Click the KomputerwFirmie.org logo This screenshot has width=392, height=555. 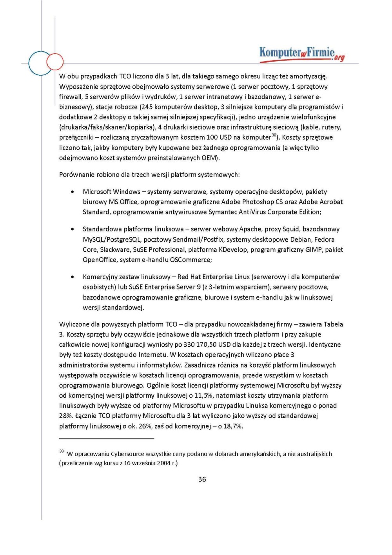pos(301,54)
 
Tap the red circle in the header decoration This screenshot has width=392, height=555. pos(55,62)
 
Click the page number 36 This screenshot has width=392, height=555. pos(202,479)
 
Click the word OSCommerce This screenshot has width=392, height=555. pos(191,260)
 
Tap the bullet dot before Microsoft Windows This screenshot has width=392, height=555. pos(73,192)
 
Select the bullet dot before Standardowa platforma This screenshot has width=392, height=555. pos(73,229)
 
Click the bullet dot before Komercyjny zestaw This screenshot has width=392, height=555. pos(73,277)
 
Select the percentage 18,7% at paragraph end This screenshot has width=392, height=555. pos(233,426)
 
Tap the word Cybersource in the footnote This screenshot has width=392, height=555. pos(127,454)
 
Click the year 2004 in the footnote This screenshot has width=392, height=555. pos(163,463)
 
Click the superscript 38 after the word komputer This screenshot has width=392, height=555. pos(274,135)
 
